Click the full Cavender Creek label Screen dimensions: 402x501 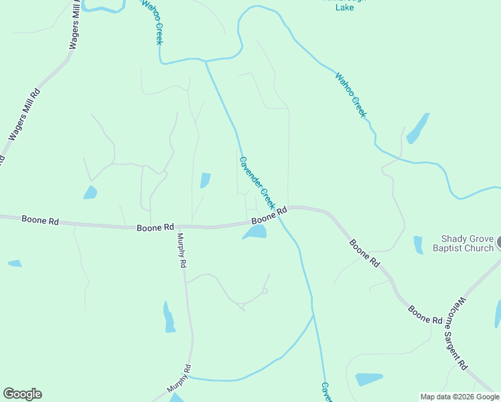click(257, 182)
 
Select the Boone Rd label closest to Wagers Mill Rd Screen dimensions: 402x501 click(40, 219)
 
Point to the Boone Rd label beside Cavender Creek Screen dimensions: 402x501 click(269, 216)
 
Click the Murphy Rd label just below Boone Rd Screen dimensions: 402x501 click(181, 251)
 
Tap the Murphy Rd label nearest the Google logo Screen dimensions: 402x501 click(179, 379)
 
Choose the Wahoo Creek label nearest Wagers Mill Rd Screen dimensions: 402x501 click(151, 21)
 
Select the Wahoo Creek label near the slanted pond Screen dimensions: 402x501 click(351, 95)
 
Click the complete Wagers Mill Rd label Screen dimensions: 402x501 click(24, 115)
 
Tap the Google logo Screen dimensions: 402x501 click(22, 394)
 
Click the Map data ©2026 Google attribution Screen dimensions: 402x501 click(459, 397)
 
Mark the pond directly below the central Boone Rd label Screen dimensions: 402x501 click(255, 232)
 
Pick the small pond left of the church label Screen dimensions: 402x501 click(419, 245)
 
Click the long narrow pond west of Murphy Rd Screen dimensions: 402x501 click(169, 317)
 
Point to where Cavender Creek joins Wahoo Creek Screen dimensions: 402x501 click(206, 61)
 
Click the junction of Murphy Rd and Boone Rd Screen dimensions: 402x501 click(175, 228)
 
